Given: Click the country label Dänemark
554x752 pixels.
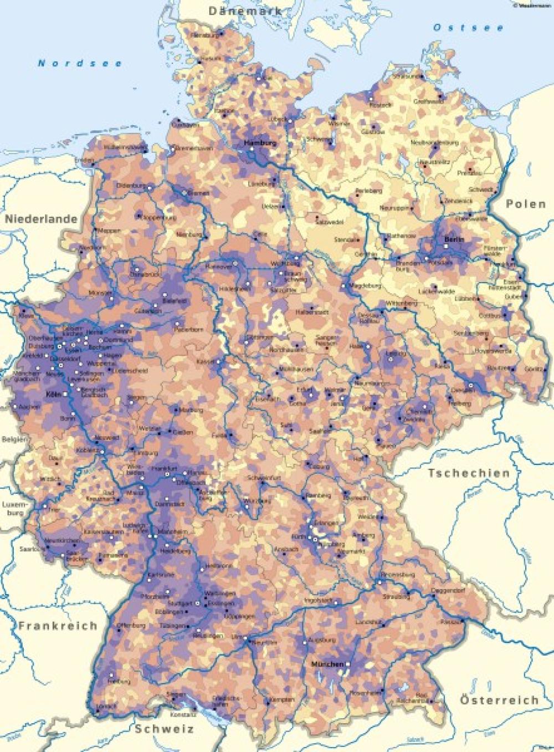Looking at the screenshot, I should [x=244, y=11].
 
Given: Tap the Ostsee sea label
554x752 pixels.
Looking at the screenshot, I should [x=469, y=27].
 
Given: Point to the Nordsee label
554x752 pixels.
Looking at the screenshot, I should [x=80, y=63].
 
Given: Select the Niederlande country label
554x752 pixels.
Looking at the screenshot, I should [x=42, y=219].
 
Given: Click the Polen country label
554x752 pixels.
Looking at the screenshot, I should [x=526, y=204].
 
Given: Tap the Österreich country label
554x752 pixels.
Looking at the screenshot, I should [x=499, y=700].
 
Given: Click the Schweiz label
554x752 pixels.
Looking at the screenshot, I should [x=165, y=729].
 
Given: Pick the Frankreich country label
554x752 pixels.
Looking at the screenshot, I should [x=58, y=626].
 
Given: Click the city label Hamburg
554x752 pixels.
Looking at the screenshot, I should [x=260, y=143].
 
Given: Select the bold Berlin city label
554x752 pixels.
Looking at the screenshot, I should [x=454, y=239].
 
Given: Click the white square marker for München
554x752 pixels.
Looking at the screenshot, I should [x=349, y=664].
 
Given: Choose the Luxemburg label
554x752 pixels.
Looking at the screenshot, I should [x=13, y=509].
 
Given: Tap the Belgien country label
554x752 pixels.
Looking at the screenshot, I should [x=13, y=439].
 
